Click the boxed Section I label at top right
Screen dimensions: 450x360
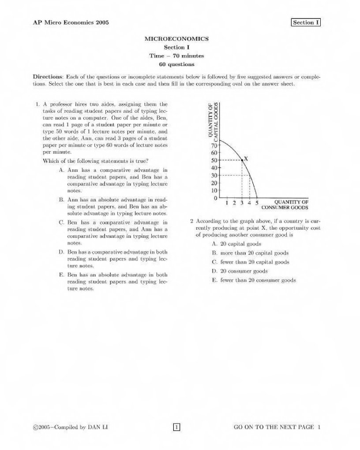click(x=305, y=22)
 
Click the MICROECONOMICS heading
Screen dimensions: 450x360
click(x=176, y=39)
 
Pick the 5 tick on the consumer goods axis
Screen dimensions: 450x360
click(x=257, y=203)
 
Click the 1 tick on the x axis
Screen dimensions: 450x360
click(x=227, y=203)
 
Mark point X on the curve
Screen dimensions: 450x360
click(x=242, y=160)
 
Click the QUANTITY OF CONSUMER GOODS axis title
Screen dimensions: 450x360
click(x=285, y=205)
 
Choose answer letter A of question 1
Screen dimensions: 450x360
click(x=61, y=170)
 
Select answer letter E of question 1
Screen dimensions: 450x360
click(x=61, y=275)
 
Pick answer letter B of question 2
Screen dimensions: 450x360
click(x=214, y=253)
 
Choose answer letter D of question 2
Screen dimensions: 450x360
click(x=214, y=271)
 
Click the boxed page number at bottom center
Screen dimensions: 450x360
click(x=176, y=427)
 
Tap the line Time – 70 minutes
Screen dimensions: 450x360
click(x=176, y=56)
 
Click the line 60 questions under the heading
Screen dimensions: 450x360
click(x=176, y=64)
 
